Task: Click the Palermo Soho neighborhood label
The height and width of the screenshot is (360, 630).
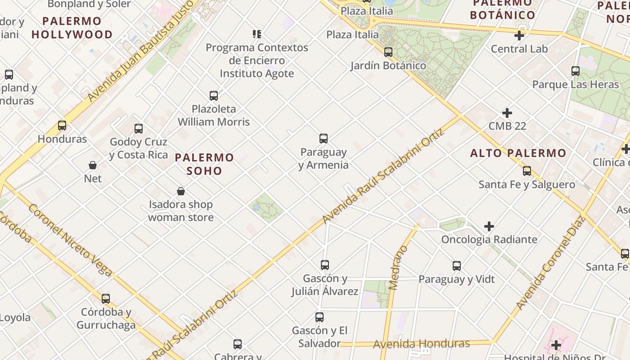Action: pos(204,164)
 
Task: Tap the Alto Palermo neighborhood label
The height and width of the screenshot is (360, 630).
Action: pos(518,153)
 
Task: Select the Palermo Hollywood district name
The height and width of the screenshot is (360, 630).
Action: pos(72,27)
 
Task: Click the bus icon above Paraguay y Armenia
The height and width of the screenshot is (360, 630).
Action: pos(323,138)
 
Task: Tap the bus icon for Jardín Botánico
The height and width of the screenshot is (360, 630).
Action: pos(388,52)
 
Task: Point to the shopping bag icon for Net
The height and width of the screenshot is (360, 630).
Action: pos(93,165)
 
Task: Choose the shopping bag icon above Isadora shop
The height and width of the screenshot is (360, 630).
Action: pos(181,191)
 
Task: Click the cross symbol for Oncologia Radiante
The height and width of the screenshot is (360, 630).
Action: pos(489,226)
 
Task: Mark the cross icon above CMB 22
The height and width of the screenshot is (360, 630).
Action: pos(507,112)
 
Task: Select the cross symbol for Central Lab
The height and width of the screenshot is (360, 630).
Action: pos(519,36)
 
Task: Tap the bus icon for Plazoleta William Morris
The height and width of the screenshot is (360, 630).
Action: pos(214,95)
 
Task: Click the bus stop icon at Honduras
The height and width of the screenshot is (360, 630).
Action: pos(62,126)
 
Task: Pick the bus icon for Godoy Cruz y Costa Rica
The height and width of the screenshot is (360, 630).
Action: pos(139,129)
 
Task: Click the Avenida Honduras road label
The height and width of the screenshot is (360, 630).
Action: pos(421,344)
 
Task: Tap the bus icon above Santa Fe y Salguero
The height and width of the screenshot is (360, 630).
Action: pos(527,171)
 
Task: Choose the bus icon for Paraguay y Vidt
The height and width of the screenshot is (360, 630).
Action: pos(457,266)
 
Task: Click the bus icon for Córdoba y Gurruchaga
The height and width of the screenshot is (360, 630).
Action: pos(106,298)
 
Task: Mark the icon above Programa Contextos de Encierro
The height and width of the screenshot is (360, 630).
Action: pos(257,34)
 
